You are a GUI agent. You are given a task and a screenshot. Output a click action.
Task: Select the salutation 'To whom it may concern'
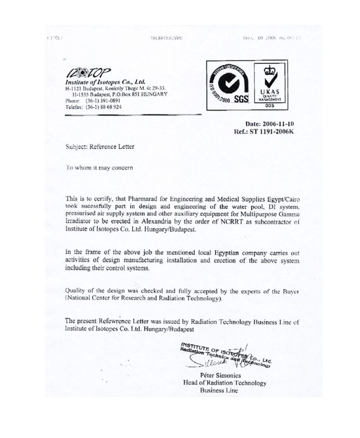(x=99, y=167)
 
